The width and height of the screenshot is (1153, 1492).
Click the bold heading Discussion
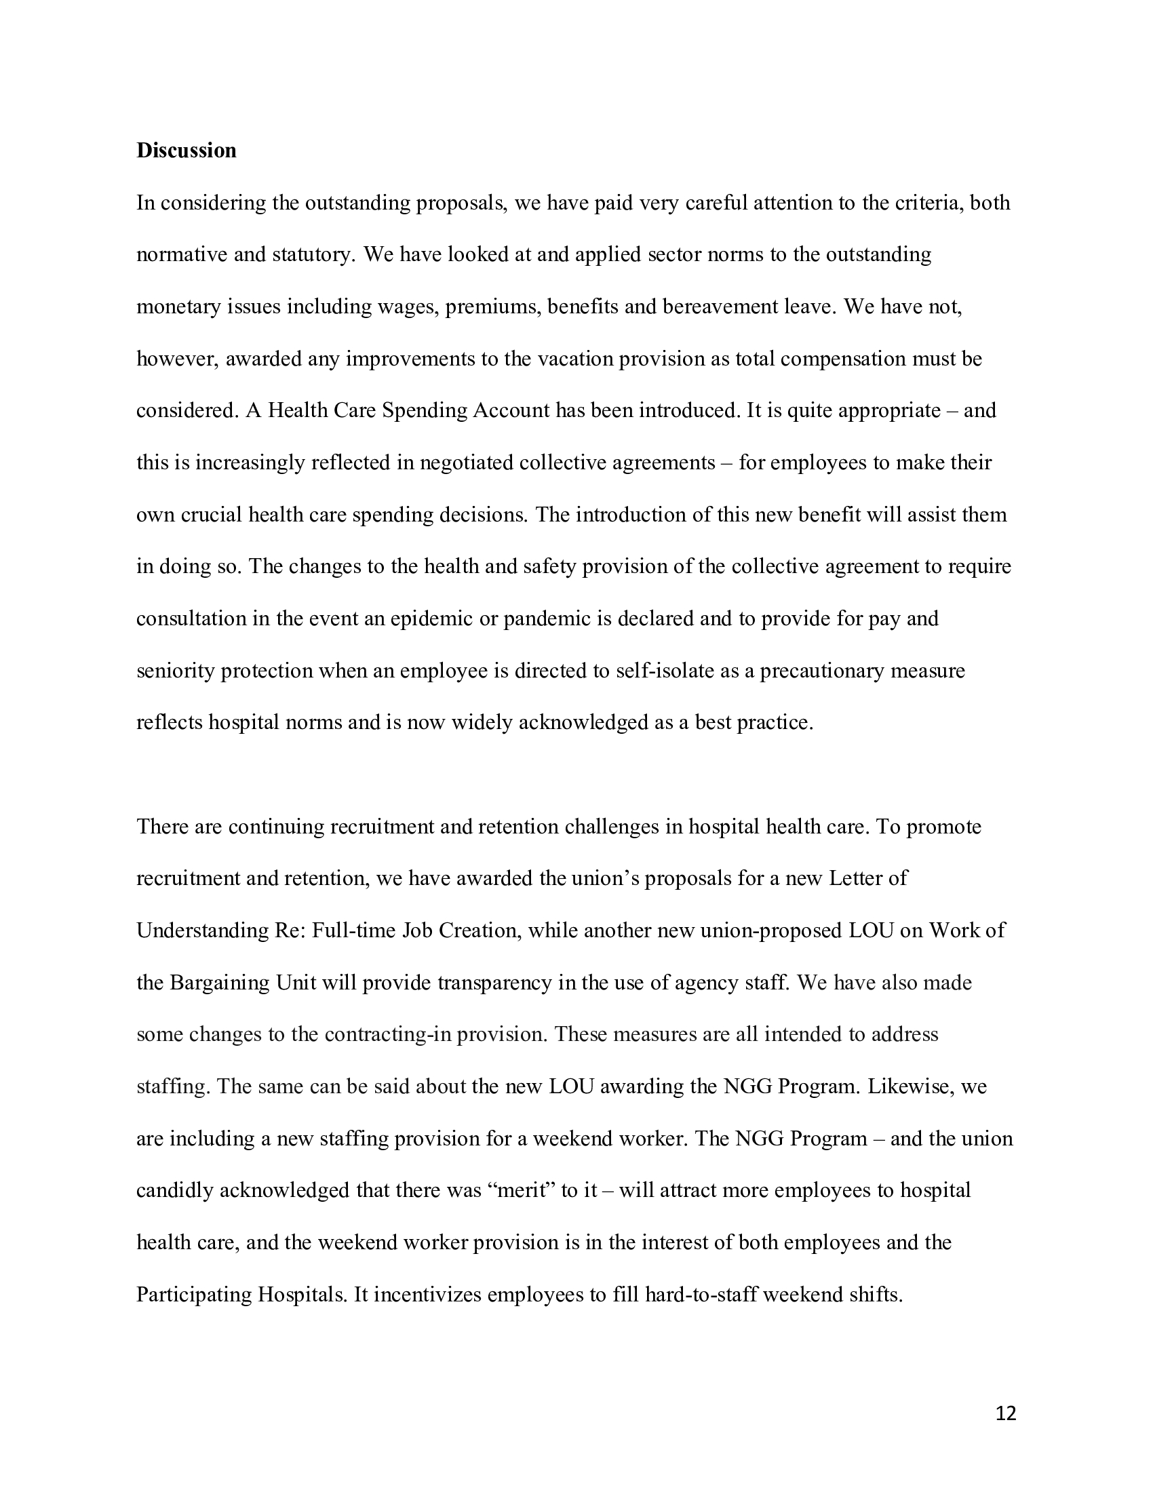click(x=186, y=151)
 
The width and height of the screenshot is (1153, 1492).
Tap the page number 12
click(x=1005, y=1413)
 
